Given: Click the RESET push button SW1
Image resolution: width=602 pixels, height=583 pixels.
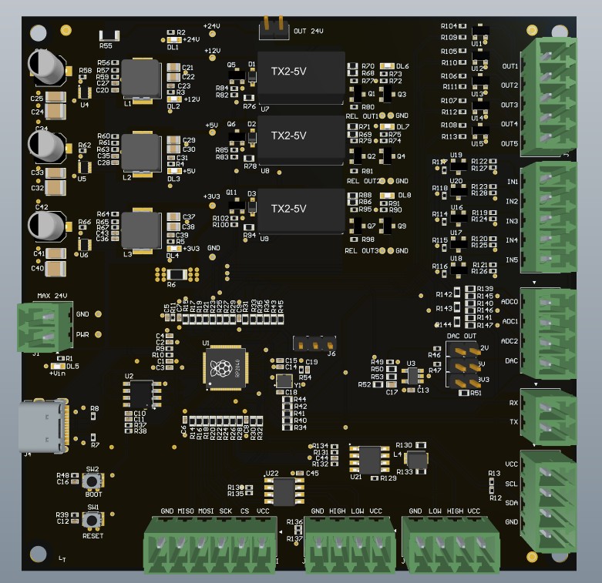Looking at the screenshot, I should (x=93, y=521).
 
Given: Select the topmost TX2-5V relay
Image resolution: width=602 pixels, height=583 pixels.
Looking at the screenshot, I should (x=301, y=77).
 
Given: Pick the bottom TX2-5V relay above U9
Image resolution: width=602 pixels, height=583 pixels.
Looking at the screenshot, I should (x=301, y=210).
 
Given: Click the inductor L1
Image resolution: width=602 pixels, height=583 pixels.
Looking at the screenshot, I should (x=140, y=78).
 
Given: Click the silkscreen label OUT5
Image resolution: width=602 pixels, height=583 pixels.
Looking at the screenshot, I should (x=509, y=143).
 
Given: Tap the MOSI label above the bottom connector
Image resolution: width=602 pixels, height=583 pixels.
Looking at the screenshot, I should (x=206, y=511).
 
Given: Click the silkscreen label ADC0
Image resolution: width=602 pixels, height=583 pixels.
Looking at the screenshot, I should (x=510, y=301).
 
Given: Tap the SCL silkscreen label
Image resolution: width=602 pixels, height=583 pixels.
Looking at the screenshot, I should (x=511, y=484).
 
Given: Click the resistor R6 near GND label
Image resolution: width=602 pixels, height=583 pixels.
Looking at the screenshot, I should (x=177, y=274).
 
